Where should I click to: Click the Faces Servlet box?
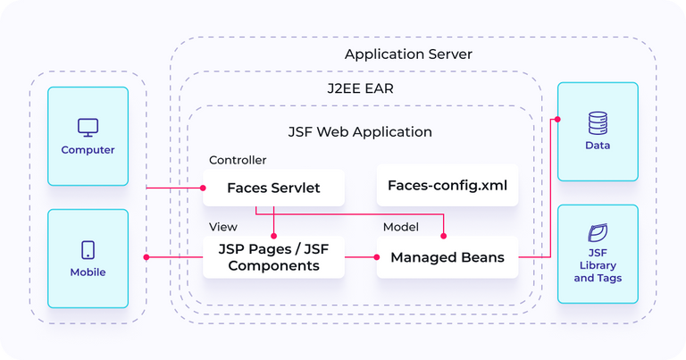273,188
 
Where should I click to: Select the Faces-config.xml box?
448,186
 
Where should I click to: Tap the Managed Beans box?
448,257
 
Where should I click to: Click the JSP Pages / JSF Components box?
273,257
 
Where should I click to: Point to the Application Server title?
408,54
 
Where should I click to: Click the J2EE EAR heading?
360,89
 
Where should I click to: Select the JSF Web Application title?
360,131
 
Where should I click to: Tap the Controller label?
238,160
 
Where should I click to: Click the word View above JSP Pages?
223,227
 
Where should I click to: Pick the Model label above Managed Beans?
401,227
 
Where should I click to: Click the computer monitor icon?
88,127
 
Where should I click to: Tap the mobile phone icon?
88,250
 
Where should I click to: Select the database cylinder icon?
598,122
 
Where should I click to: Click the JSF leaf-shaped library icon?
598,234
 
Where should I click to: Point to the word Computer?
88,150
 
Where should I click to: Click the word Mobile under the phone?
88,272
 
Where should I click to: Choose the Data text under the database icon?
598,145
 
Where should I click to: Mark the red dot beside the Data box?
557,119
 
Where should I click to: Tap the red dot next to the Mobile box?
146,257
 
